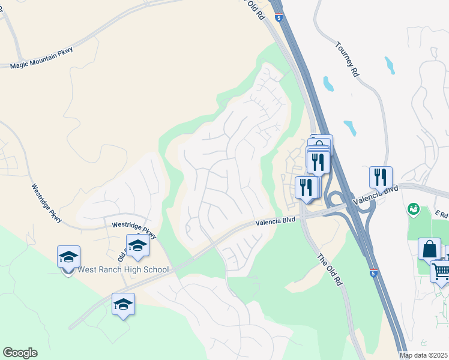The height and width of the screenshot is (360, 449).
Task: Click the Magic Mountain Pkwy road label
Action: click(x=41, y=58)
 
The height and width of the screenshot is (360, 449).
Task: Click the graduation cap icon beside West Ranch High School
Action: click(x=69, y=257)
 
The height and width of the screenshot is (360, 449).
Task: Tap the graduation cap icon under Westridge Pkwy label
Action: click(x=137, y=246)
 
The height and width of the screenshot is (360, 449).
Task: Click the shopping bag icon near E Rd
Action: click(x=429, y=248)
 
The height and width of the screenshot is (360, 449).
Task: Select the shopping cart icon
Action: click(x=441, y=271)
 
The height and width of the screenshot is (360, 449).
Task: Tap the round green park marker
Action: click(x=413, y=209)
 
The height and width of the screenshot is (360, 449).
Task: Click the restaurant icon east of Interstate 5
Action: click(x=381, y=178)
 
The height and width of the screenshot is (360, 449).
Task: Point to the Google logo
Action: click(x=20, y=353)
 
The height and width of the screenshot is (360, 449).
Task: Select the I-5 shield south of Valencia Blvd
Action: click(x=374, y=272)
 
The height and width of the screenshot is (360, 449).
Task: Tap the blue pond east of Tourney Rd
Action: click(x=390, y=65)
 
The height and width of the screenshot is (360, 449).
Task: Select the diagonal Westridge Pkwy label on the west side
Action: click(x=47, y=203)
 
